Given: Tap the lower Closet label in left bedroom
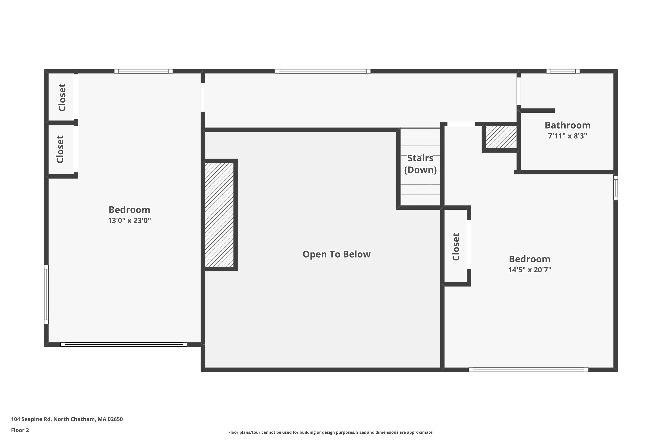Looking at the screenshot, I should click(60, 149).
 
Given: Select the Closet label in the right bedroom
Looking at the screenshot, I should click(456, 247).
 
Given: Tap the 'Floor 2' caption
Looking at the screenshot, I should click(20, 430).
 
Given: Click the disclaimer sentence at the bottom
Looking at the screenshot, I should click(331, 432).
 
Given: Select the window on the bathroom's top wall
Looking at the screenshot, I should click(563, 71).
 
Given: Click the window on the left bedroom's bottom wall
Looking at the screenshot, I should click(124, 344).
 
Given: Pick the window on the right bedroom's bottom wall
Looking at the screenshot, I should click(528, 370).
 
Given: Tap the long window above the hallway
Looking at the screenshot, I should click(323, 71).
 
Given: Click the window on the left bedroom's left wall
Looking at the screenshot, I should click(46, 294).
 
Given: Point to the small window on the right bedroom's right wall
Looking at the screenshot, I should click(616, 188).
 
